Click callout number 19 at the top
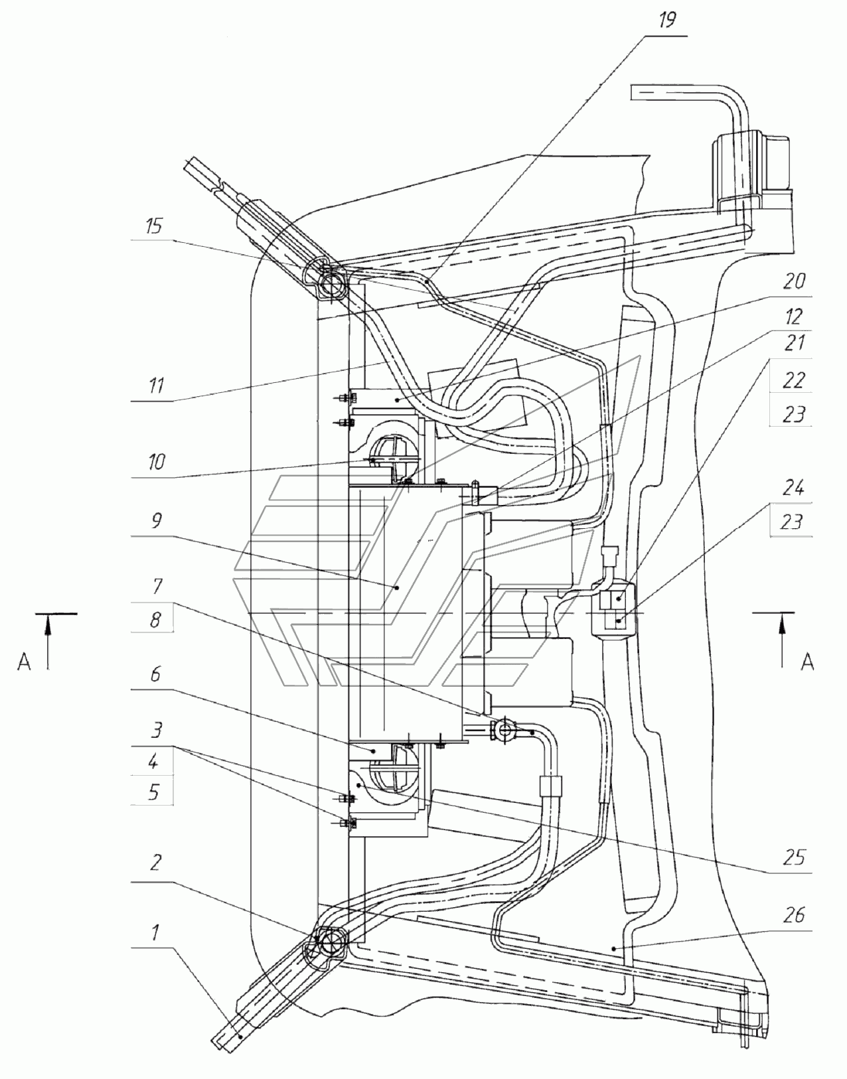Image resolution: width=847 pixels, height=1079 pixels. coord(666,21)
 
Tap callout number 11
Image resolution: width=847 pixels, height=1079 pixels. coord(156,385)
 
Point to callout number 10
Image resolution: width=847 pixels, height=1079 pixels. coord(156,462)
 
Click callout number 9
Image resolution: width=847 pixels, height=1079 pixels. coord(157,520)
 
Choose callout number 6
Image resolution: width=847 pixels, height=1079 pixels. coord(155,674)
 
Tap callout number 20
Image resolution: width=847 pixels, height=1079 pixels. coord(794,281)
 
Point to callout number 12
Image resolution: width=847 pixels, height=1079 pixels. coord(794,316)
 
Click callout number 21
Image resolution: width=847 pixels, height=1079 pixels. coord(794,342)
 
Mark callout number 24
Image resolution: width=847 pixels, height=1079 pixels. coord(793,488)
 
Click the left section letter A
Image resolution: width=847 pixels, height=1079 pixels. coord(24,662)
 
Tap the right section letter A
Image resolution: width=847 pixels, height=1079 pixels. coord(807,662)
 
